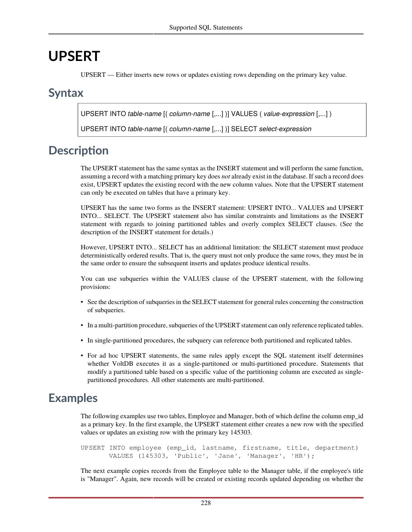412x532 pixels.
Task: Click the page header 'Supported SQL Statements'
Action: point(206,27)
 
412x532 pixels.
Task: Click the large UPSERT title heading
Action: point(74,56)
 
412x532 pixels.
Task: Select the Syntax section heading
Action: point(66,93)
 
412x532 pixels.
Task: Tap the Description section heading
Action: point(78,150)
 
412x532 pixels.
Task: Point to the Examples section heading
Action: point(73,398)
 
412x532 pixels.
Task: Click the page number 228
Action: point(206,503)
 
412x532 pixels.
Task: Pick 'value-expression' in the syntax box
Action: point(289,114)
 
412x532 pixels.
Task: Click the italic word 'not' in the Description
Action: point(225,177)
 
